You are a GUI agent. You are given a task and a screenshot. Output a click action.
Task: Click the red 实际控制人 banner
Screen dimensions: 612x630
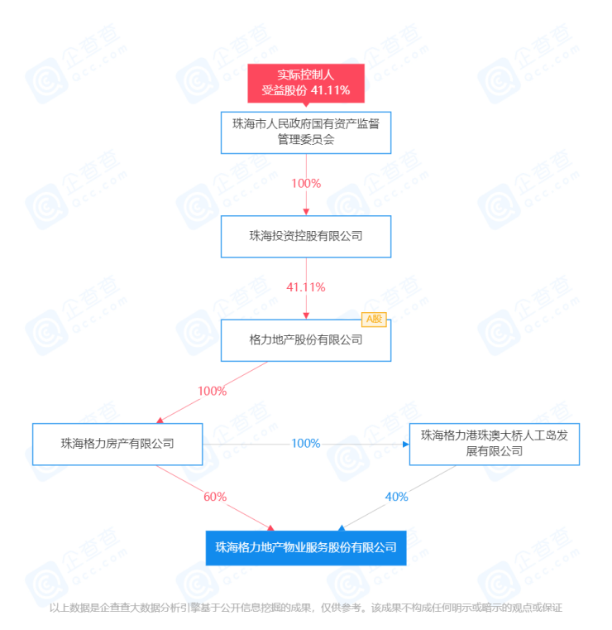click(x=306, y=83)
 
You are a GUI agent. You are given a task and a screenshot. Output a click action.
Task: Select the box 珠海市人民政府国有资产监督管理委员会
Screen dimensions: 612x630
click(x=306, y=132)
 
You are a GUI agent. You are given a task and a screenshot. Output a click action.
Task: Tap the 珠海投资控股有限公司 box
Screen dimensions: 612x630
click(x=306, y=237)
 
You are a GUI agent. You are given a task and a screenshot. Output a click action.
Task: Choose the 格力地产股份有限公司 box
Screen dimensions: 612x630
click(x=306, y=340)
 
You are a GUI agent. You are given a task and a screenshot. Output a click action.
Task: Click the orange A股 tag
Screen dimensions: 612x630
click(x=374, y=320)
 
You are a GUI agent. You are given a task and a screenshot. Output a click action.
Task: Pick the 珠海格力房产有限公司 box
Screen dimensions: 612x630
click(x=117, y=444)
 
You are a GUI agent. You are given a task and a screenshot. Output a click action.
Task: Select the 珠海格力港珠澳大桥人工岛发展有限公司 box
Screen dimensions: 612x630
click(x=495, y=444)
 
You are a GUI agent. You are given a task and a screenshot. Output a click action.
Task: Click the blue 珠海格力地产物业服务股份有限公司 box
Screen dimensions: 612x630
click(x=306, y=548)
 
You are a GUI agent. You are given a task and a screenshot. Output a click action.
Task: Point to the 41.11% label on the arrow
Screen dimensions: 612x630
click(x=306, y=287)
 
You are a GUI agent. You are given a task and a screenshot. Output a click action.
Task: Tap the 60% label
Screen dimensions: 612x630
click(x=215, y=497)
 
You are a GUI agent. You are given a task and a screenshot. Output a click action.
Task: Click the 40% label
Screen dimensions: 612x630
click(x=396, y=497)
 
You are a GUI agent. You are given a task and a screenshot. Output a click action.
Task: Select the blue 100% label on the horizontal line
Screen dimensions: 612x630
click(x=306, y=444)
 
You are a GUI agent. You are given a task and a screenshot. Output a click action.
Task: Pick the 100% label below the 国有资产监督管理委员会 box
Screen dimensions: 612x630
click(x=306, y=184)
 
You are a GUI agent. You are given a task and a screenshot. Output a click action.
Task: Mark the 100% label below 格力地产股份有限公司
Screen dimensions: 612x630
click(x=213, y=392)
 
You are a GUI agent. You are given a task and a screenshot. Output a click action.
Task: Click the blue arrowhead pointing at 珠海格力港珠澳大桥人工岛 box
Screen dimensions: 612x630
click(x=406, y=445)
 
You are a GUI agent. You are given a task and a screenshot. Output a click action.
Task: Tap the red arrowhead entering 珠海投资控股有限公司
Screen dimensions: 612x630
click(x=306, y=212)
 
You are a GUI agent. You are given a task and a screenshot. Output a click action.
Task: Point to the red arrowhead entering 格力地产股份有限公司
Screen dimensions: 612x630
click(x=306, y=316)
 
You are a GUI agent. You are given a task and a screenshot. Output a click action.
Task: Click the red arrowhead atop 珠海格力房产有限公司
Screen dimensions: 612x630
click(x=160, y=421)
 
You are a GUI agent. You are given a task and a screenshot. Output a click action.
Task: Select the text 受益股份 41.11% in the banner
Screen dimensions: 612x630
click(x=306, y=90)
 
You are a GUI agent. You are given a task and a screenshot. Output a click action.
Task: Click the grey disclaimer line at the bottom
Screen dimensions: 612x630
click(x=306, y=608)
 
